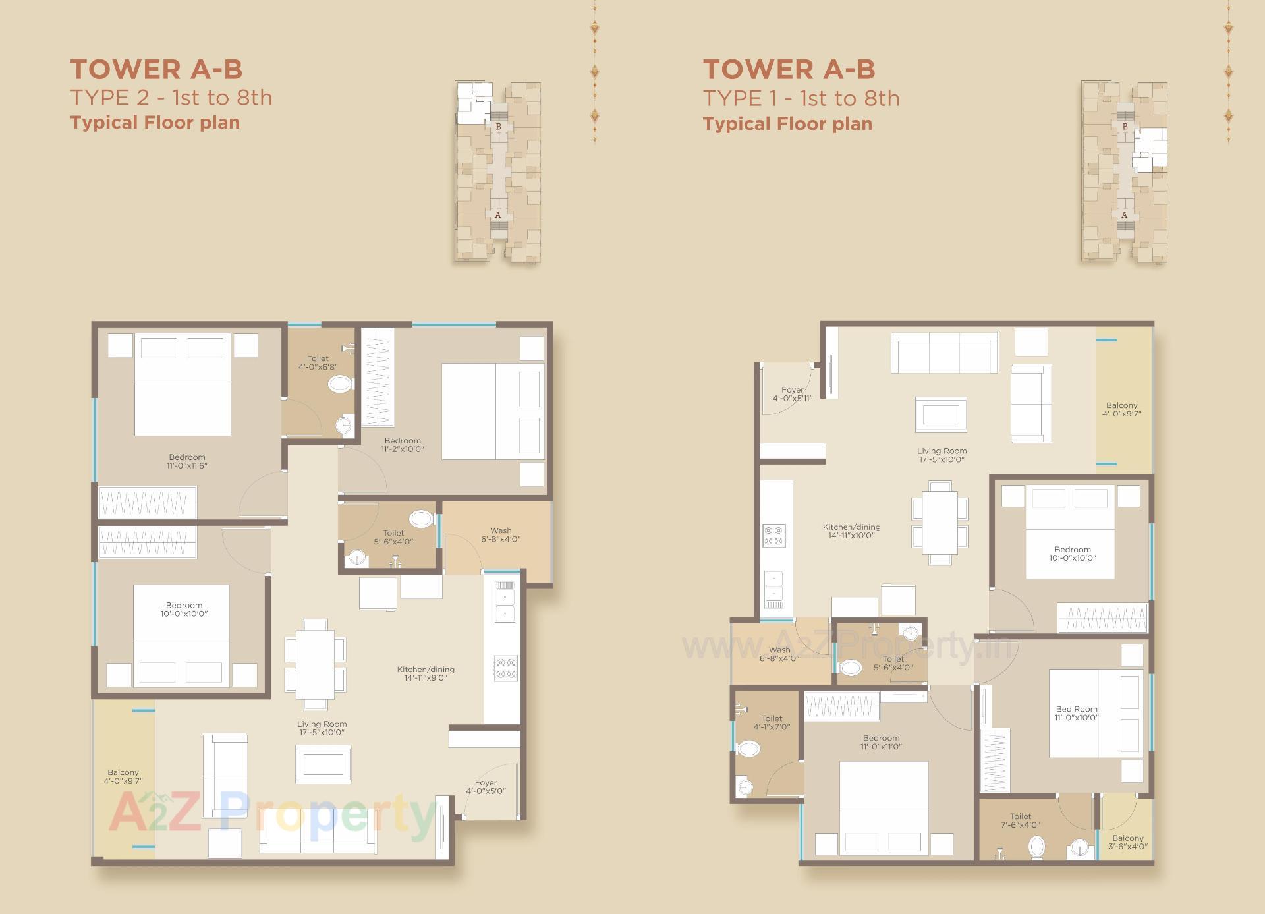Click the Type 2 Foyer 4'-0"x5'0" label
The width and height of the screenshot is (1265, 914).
point(486,787)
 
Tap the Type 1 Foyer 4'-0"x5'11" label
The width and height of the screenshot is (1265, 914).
point(793,394)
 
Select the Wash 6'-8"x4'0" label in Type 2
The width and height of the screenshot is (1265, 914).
point(501,534)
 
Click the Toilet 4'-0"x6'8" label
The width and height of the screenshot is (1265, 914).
point(318,362)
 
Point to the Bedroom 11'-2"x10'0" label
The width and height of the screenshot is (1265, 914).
point(403,445)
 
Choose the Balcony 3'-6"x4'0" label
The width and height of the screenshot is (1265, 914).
point(1127,842)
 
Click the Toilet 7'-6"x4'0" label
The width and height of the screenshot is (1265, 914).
point(1021,820)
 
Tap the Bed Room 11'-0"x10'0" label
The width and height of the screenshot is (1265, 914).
point(1077,713)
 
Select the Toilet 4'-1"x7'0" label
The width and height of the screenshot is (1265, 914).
point(772,722)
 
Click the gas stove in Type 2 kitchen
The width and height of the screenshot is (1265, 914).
point(505,668)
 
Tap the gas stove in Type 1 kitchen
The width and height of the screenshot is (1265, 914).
point(774,536)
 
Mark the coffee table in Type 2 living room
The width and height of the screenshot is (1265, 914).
point(323,764)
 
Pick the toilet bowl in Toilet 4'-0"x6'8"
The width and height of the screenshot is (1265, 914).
point(340,384)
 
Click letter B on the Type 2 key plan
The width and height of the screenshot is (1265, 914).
point(498,127)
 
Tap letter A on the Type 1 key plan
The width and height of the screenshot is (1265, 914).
point(1124,215)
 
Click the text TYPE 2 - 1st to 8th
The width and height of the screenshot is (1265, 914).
point(171,98)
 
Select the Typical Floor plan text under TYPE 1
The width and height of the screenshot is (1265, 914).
point(787,124)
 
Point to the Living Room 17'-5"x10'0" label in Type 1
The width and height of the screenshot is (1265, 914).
point(942,455)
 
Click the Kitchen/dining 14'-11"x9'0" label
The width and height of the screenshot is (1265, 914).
point(426,673)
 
